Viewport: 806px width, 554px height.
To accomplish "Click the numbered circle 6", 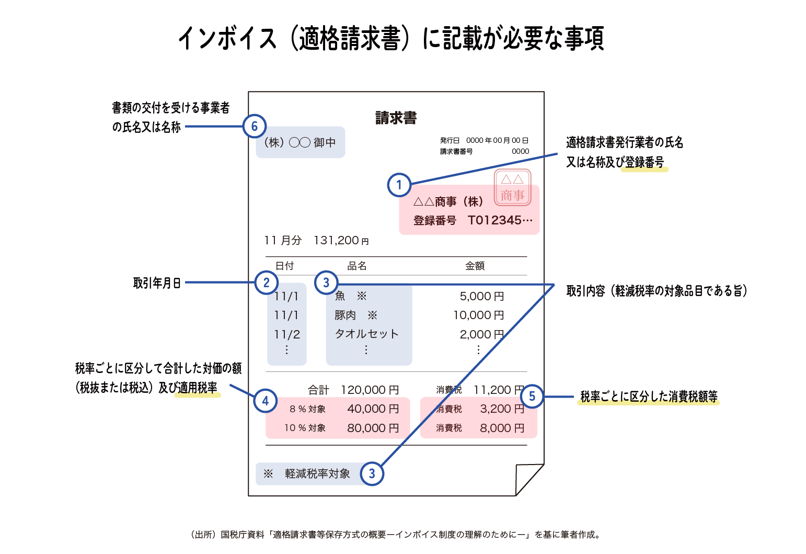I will (x=255, y=126).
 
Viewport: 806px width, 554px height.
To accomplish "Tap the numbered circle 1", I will (x=399, y=185).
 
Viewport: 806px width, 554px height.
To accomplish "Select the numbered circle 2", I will (x=267, y=282).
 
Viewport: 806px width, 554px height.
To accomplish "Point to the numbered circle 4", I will (x=266, y=401).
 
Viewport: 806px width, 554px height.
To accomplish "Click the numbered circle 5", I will (x=532, y=397).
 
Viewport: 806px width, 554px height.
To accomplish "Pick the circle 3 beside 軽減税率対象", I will (x=372, y=474).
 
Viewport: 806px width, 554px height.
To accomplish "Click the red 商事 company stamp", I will (x=512, y=188).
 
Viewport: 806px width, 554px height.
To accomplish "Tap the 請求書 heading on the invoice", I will (x=396, y=118).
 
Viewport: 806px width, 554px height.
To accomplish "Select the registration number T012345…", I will (x=500, y=220).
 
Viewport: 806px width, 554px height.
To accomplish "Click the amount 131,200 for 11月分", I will (x=337, y=241).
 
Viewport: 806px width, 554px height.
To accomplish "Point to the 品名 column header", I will (x=357, y=266).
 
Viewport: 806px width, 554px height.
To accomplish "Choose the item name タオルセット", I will (x=366, y=334).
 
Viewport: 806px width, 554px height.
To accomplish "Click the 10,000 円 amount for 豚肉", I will (x=478, y=315).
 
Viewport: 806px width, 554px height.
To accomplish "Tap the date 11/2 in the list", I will (x=287, y=334).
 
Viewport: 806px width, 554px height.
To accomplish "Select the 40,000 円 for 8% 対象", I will (x=373, y=409).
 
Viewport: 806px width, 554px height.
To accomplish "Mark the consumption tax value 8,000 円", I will (x=502, y=428).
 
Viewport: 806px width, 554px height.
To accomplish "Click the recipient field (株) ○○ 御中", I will (x=300, y=142).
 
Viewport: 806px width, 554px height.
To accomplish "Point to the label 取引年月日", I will (x=157, y=283).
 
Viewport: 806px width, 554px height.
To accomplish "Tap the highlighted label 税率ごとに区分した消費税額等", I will (x=648, y=397).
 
